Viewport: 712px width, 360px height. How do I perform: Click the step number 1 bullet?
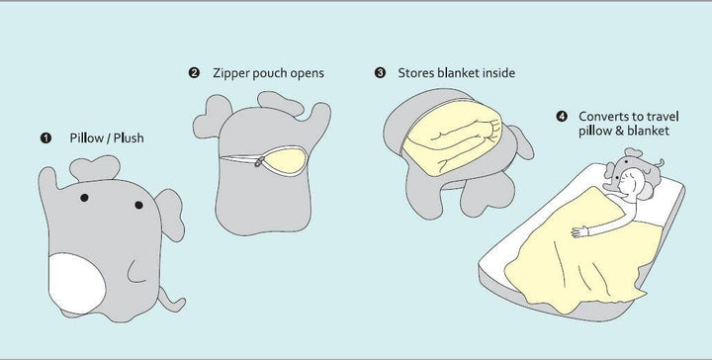pyautogui.click(x=45, y=138)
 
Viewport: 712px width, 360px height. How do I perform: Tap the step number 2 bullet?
pyautogui.click(x=194, y=72)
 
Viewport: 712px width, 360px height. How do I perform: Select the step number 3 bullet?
pyautogui.click(x=380, y=72)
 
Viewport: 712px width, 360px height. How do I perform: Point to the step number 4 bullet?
pyautogui.click(x=562, y=117)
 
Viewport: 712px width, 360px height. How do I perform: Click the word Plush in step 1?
pyautogui.click(x=129, y=138)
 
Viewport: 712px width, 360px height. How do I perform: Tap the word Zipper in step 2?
pyautogui.click(x=231, y=73)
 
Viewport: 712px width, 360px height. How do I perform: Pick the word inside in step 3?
pyautogui.click(x=498, y=72)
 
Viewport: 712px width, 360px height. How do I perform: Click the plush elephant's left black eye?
pyautogui.click(x=84, y=198)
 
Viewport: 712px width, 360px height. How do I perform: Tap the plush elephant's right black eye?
pyautogui.click(x=139, y=205)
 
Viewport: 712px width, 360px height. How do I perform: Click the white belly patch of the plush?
pyautogui.click(x=76, y=283)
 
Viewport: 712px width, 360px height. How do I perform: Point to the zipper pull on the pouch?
pyautogui.click(x=259, y=161)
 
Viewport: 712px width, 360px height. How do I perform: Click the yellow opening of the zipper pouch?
pyautogui.click(x=286, y=160)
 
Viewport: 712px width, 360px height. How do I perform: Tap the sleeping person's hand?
pyautogui.click(x=579, y=231)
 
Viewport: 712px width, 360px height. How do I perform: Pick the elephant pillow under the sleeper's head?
pyautogui.click(x=634, y=169)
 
